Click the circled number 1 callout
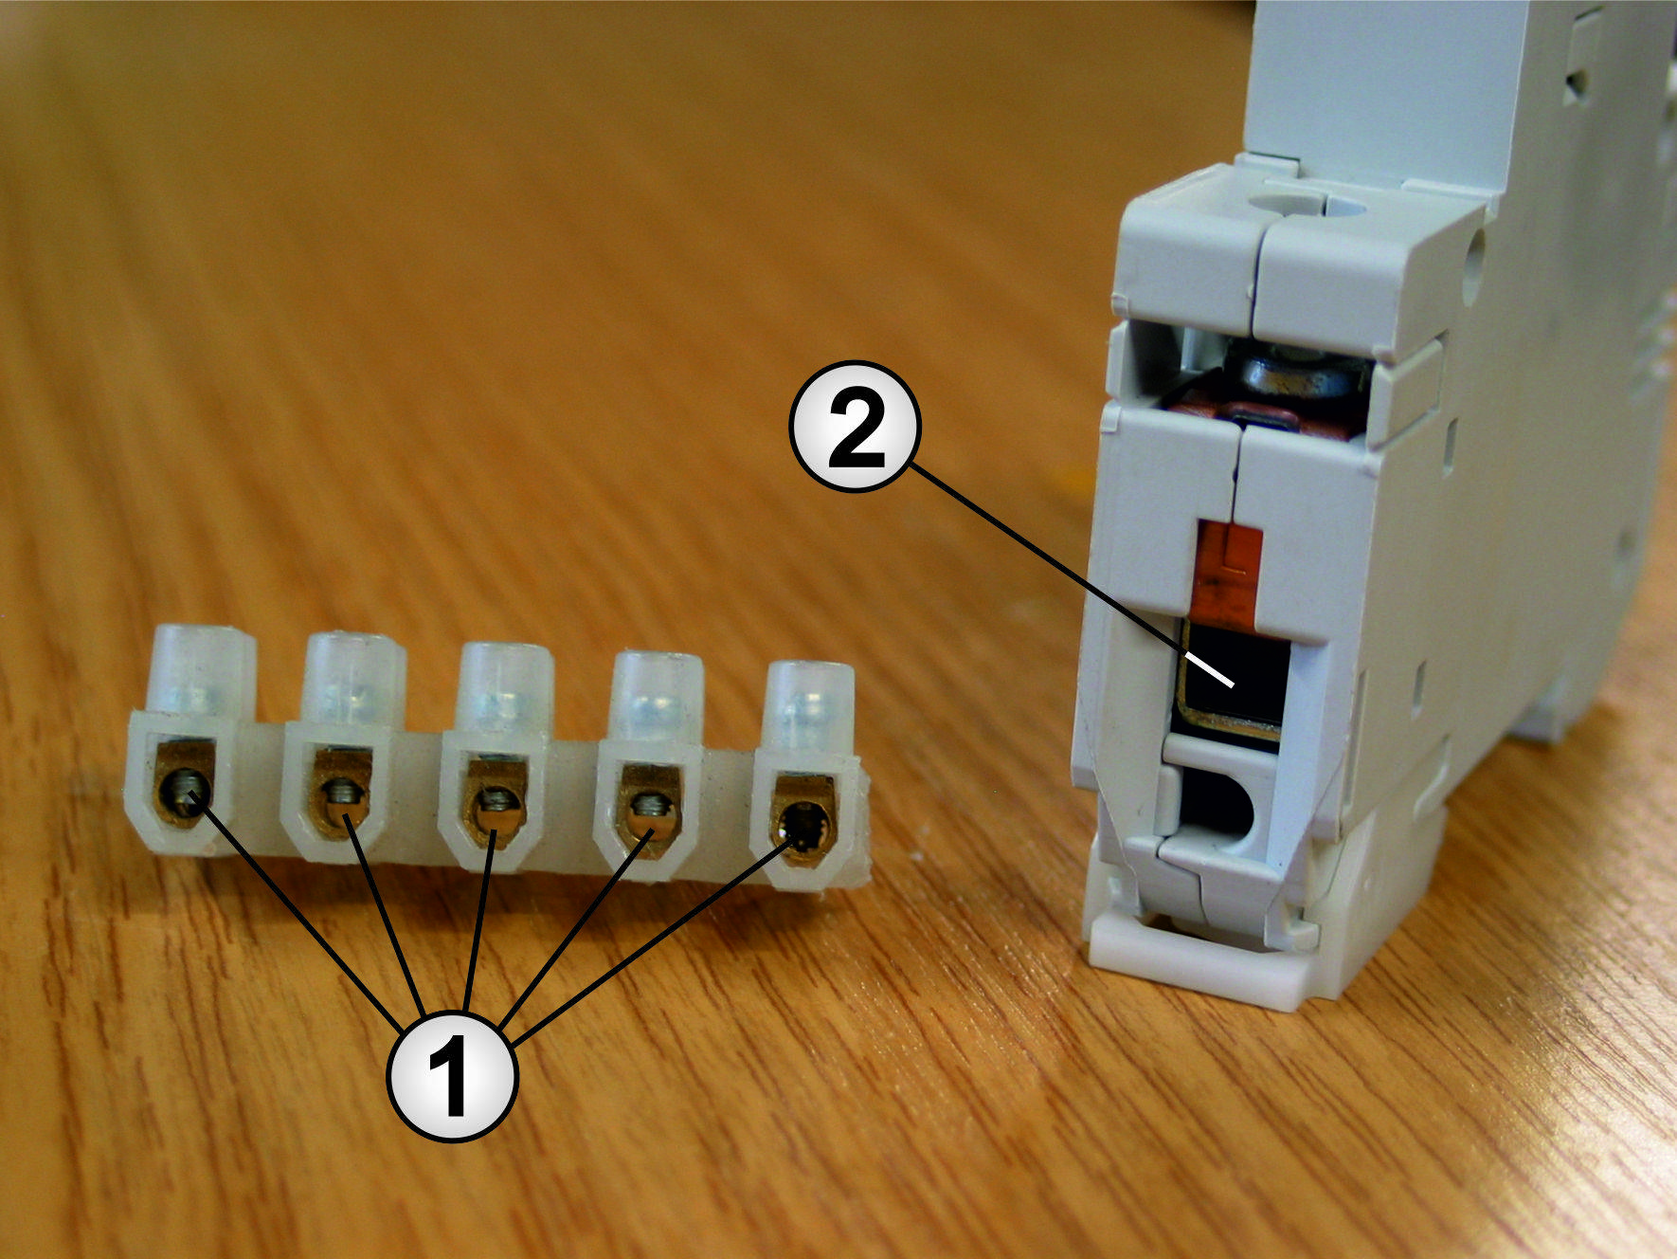click(x=453, y=1076)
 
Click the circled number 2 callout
click(x=855, y=426)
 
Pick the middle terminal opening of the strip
click(x=495, y=803)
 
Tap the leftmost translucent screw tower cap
click(x=204, y=668)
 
